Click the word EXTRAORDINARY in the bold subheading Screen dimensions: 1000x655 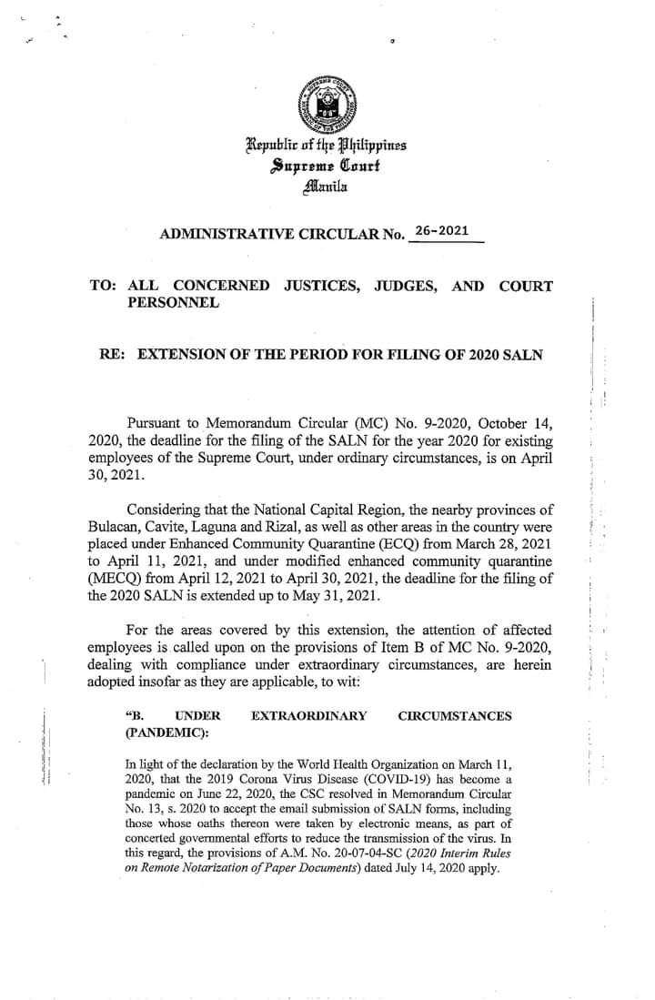click(309, 716)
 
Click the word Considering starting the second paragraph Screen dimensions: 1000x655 click(172, 508)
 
